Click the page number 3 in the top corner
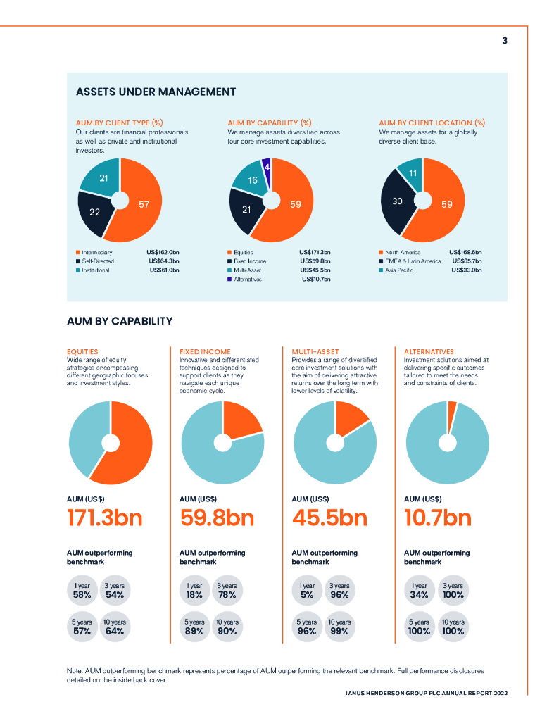tap(504, 41)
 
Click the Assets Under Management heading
tap(156, 92)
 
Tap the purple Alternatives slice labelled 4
tap(267, 166)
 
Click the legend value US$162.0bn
tap(163, 252)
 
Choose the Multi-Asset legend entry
tap(248, 270)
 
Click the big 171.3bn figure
tap(104, 518)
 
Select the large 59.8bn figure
tap(217, 518)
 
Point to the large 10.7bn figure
tap(438, 518)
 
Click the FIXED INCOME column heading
tap(205, 351)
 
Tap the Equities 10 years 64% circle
tap(114, 627)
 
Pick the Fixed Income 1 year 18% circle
tap(194, 590)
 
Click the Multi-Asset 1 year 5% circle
tap(307, 590)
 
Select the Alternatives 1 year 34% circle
tap(420, 590)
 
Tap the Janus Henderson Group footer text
tap(426, 693)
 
